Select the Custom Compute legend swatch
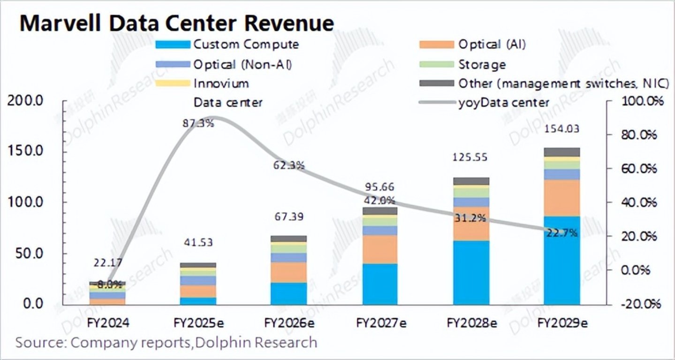174,45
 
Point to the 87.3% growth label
198,124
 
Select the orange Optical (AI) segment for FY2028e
470,224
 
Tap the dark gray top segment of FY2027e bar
380,211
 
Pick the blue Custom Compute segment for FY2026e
289,293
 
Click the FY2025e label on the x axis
197,323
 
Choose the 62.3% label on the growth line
289,165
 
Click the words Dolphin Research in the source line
256,343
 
